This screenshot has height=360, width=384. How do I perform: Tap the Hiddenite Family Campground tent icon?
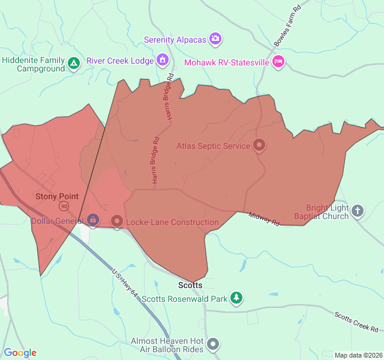(x=73, y=63)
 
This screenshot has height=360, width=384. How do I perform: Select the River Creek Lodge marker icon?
(x=162, y=60)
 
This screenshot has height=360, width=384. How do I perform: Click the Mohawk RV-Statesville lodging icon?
(x=278, y=62)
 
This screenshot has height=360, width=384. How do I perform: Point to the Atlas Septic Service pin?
(x=259, y=145)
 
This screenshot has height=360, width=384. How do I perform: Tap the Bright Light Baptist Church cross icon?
(x=358, y=210)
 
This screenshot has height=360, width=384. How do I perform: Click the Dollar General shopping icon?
(x=93, y=221)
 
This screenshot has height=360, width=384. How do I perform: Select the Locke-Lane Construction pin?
(x=117, y=221)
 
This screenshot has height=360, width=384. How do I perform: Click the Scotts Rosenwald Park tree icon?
(x=237, y=298)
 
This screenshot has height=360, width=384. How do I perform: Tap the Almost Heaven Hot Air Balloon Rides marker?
(x=214, y=344)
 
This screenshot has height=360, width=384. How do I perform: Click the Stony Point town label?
(x=57, y=196)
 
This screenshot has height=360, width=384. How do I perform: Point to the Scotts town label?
(x=190, y=285)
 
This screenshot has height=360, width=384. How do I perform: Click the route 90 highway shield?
(x=64, y=206)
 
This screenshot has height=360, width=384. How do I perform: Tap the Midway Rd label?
(x=264, y=219)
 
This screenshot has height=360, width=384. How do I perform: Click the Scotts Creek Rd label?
(x=356, y=322)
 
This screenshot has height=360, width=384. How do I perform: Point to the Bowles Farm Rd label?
(x=287, y=27)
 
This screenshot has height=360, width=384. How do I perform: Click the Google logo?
(x=20, y=353)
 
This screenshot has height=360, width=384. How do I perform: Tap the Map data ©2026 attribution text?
(x=358, y=355)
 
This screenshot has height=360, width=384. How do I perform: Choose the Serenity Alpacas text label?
(x=175, y=40)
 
